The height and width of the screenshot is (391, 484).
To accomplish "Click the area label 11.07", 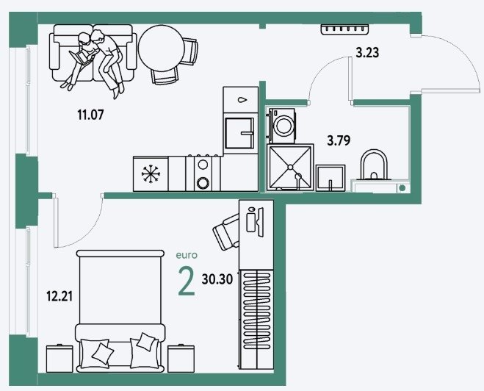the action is pyautogui.click(x=90, y=115).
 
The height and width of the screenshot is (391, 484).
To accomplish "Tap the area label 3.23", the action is pyautogui.click(x=367, y=52).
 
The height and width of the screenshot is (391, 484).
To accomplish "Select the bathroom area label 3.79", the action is pyautogui.click(x=339, y=141).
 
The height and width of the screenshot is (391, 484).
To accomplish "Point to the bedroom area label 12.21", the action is pyautogui.click(x=59, y=296).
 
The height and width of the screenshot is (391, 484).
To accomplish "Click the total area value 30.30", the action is pyautogui.click(x=217, y=279).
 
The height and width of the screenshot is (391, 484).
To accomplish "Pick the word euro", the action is pyautogui.click(x=187, y=256).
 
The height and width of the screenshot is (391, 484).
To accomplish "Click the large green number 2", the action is pyautogui.click(x=187, y=281).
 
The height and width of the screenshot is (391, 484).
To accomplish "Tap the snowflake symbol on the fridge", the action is pyautogui.click(x=151, y=174).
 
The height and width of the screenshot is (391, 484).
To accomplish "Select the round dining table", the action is pyautogui.click(x=162, y=48).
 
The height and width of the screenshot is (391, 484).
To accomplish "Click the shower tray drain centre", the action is pyautogui.click(x=290, y=167).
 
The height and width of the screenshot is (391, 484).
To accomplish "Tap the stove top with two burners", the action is pyautogui.click(x=203, y=173).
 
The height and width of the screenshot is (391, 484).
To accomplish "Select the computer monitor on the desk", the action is pyautogui.click(x=261, y=222).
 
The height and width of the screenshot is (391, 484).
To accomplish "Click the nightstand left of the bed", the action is pyautogui.click(x=59, y=359).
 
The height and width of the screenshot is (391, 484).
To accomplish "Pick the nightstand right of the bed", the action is pyautogui.click(x=181, y=359).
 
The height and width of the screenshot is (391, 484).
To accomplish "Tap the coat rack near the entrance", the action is pyautogui.click(x=344, y=29).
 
